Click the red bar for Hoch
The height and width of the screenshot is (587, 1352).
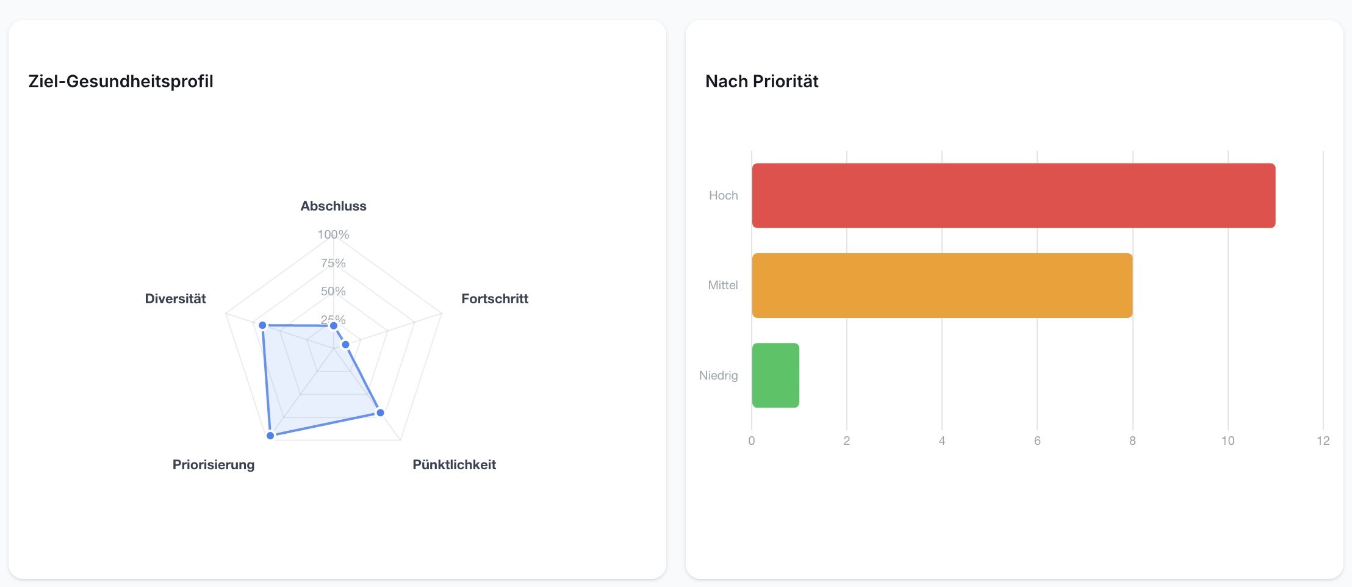(x=1013, y=195)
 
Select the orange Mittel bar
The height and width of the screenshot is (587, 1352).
(x=942, y=285)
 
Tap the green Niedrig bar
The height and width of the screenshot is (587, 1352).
(x=775, y=375)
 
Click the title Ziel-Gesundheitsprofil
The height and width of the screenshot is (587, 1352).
(x=121, y=81)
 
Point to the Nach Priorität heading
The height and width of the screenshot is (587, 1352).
(x=762, y=81)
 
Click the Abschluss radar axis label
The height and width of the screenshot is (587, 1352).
(x=333, y=206)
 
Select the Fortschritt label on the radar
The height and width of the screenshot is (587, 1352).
(x=495, y=299)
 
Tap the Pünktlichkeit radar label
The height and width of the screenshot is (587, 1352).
(x=454, y=465)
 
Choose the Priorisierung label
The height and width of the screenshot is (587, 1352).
(x=214, y=465)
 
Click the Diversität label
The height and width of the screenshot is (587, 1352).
(x=176, y=299)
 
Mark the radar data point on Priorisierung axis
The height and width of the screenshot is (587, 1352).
(x=270, y=436)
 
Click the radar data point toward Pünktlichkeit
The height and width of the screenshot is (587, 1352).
(x=380, y=413)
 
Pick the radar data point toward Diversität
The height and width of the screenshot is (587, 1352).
(x=263, y=325)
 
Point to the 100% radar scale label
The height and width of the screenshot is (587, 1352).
(x=333, y=234)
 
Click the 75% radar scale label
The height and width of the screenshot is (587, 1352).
(x=333, y=263)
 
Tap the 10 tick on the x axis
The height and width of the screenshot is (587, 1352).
(x=1228, y=441)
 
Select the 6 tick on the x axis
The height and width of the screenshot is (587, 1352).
(x=1037, y=441)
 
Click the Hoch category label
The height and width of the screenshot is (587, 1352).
(x=724, y=195)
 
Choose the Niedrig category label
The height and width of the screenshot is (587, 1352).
(x=719, y=375)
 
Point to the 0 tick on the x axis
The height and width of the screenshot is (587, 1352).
(x=752, y=441)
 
